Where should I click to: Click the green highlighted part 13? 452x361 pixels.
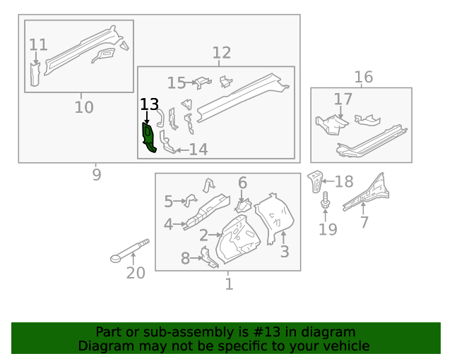pos(148,137)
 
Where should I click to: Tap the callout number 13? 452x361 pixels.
pos(149,104)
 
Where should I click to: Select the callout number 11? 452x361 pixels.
pos(38,45)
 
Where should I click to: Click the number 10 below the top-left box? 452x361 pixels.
pos(84,107)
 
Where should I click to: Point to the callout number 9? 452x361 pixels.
pos(97,173)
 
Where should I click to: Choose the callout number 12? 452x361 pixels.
pos(221,52)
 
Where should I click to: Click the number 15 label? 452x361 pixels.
pos(176,83)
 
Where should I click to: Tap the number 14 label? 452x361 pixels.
pos(198,149)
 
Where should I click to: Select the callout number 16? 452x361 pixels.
pos(363,77)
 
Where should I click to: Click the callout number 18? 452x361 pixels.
pos(343,182)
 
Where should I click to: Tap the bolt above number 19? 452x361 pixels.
pos(326,201)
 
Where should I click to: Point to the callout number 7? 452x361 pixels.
pos(364,223)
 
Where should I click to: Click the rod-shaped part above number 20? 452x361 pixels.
pos(131,250)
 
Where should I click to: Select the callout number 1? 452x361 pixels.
pos(229,284)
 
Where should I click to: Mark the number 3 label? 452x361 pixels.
pos(284,252)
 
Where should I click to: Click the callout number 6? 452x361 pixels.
pos(242,183)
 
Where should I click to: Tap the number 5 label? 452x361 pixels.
pos(168,202)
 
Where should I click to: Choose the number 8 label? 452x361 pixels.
pos(185,259)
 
